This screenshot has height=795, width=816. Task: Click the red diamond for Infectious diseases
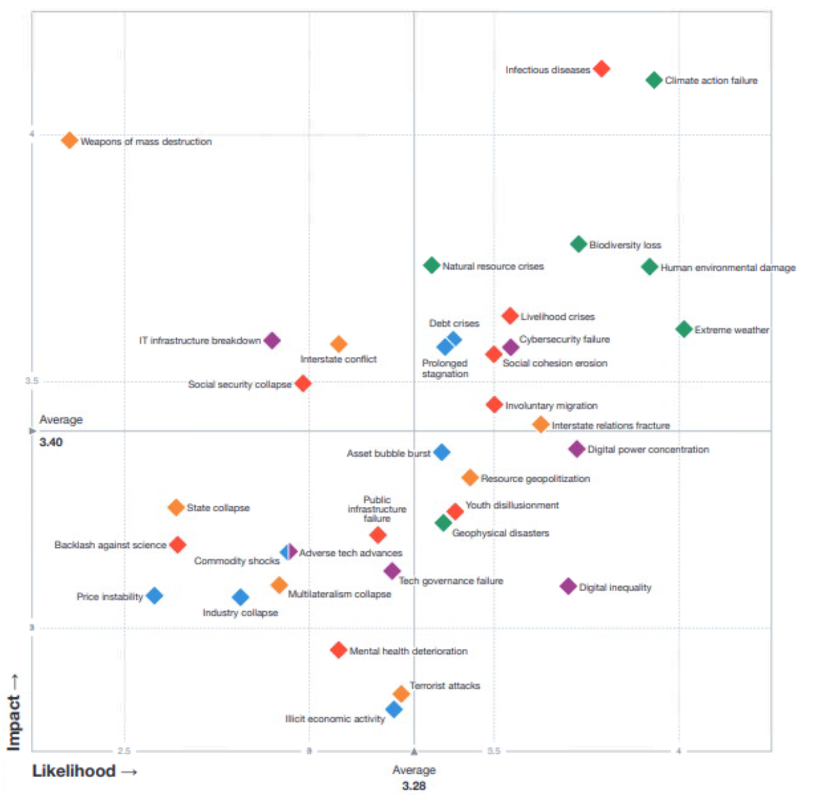601,68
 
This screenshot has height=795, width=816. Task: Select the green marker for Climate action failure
654,80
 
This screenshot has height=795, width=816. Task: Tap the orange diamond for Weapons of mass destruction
69,140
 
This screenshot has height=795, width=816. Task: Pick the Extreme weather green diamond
684,329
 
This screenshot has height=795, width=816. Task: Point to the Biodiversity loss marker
579,244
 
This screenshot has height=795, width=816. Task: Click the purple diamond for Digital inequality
568,586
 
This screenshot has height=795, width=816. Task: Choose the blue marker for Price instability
154,596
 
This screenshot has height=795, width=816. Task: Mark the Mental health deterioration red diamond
338,650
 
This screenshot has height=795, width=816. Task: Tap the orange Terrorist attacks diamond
401,693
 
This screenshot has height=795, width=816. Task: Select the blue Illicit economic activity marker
394,709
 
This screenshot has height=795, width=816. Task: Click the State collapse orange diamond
176,507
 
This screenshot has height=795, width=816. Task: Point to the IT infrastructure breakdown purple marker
272,340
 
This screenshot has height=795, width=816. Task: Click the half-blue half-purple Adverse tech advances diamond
289,551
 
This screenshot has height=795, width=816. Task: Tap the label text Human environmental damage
728,268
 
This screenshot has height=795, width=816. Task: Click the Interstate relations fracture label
610,425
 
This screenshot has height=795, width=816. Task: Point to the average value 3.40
51,442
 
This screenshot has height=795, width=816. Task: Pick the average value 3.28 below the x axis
414,785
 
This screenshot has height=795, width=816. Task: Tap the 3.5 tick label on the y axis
32,380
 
